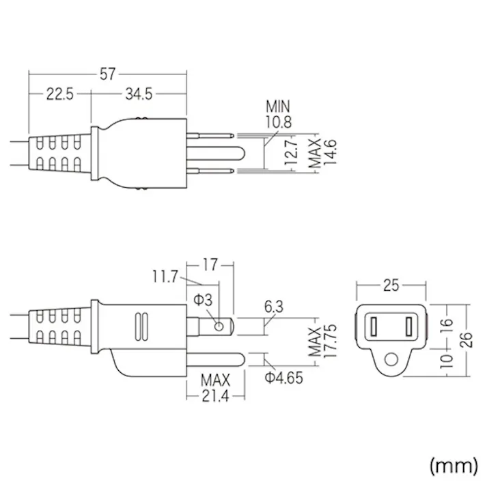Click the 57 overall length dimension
(107, 74)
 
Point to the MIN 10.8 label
(277, 114)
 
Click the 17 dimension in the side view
(210, 262)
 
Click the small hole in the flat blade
(218, 326)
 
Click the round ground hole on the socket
(391, 359)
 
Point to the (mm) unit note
(454, 465)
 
